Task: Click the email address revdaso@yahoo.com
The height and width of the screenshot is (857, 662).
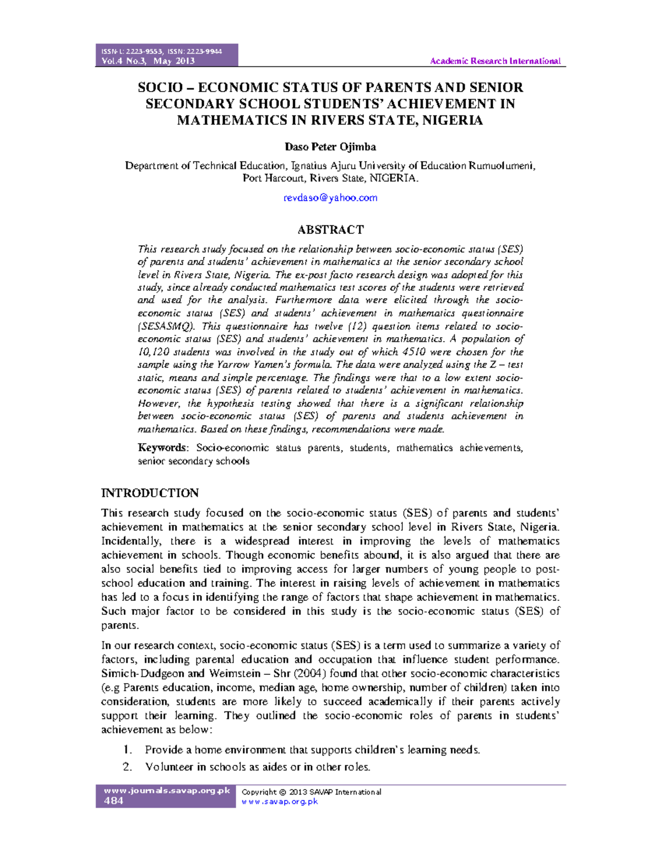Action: (330, 198)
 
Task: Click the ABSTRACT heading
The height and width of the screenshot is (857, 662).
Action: (330, 230)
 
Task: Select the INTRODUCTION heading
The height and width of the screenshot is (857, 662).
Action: (150, 493)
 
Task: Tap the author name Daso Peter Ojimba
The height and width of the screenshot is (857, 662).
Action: (330, 147)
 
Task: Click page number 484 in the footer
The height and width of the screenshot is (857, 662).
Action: (114, 801)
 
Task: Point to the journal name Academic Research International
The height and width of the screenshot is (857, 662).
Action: (495, 61)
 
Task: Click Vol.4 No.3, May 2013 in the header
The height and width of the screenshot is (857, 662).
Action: (148, 61)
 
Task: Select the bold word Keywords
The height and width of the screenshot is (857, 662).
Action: (162, 448)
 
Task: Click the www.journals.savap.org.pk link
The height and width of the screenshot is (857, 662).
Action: (167, 790)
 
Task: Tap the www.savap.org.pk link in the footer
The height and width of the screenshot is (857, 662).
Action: (280, 801)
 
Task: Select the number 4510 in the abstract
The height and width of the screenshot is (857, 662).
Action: (414, 352)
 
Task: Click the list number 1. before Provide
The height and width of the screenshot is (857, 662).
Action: (127, 749)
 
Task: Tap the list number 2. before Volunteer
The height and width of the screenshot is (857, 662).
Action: (127, 766)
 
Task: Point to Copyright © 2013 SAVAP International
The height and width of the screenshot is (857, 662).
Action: (311, 792)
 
